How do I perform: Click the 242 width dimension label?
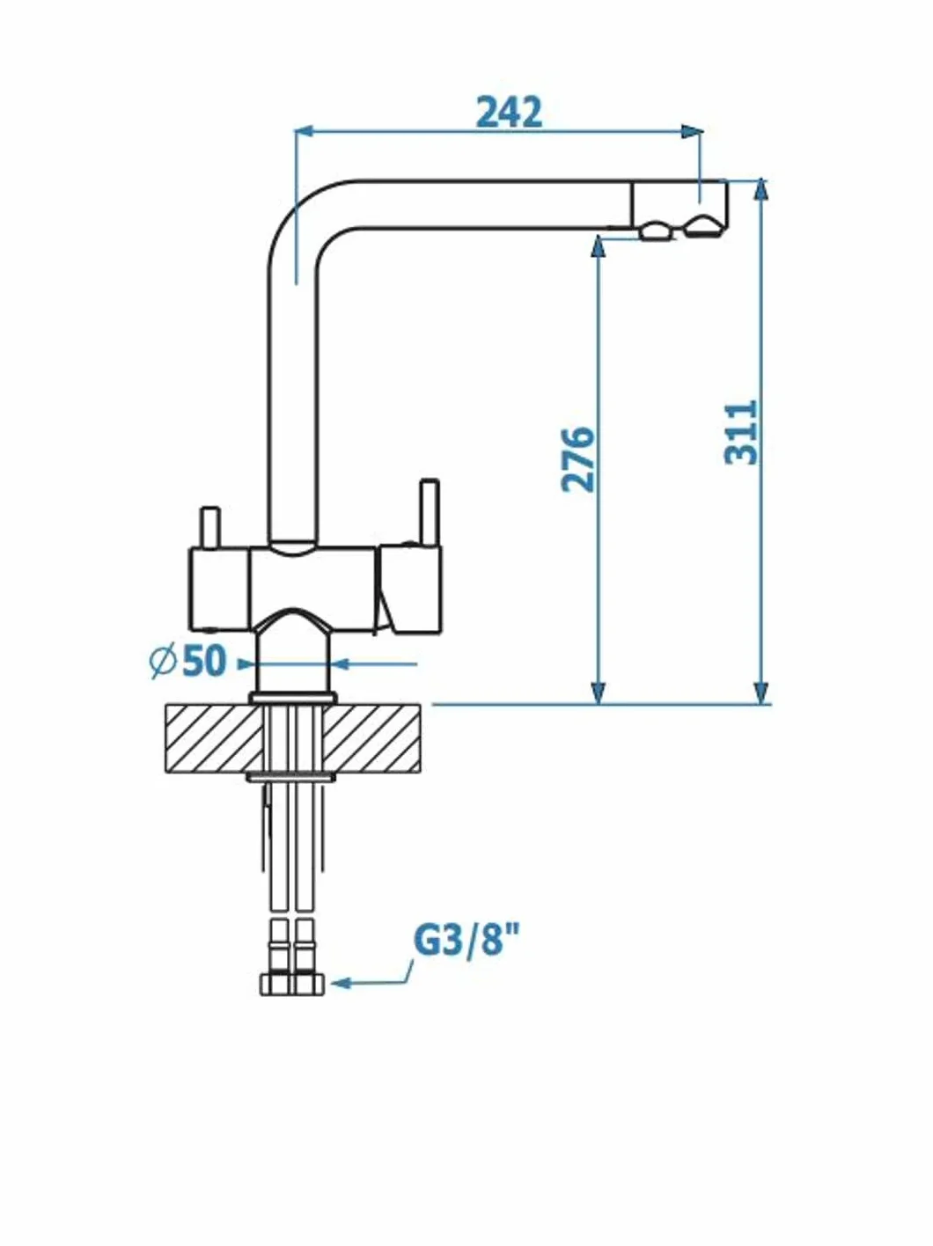(509, 113)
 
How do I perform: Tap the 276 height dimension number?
(577, 458)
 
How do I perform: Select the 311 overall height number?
(742, 433)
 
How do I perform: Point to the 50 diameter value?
(204, 662)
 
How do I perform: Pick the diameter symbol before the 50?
(164, 662)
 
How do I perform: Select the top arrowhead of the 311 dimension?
(761, 191)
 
